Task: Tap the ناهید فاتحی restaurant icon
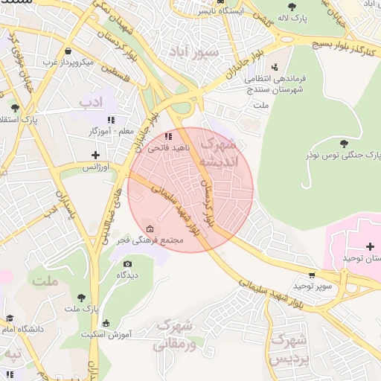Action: coord(169,137)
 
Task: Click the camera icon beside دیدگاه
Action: coord(127,264)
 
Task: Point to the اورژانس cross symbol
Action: coord(95,156)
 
